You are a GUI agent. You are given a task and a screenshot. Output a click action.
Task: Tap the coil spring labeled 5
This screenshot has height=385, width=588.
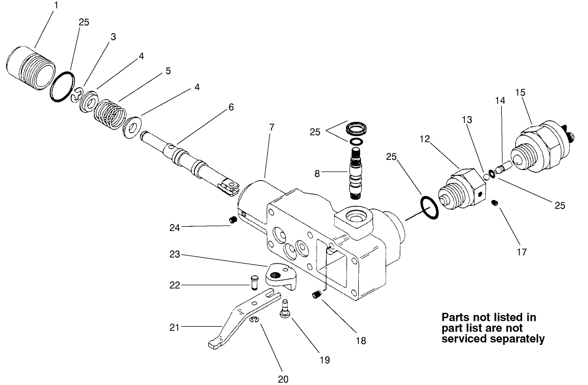coord(110,111)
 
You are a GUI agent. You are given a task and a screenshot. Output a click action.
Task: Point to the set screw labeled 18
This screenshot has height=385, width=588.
coord(317,294)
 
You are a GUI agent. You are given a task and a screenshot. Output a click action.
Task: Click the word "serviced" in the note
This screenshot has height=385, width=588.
coord(465,338)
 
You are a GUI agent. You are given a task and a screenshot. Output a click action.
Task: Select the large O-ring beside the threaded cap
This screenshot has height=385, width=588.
coord(63,86)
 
